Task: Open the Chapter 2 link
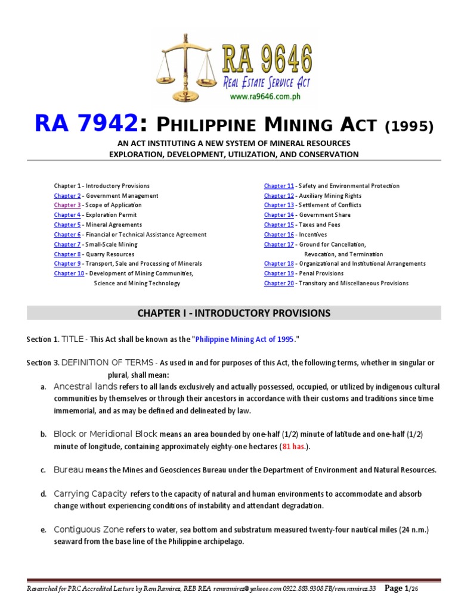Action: pyautogui.click(x=67, y=195)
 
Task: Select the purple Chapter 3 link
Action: pyautogui.click(x=67, y=205)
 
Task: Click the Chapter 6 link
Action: pyautogui.click(x=67, y=235)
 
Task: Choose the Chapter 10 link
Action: pyautogui.click(x=69, y=273)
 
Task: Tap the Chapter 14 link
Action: pyautogui.click(x=278, y=215)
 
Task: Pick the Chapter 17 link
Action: pyautogui.click(x=278, y=244)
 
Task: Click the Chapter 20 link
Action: pyautogui.click(x=278, y=284)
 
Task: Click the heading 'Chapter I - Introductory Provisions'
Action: pyautogui.click(x=234, y=313)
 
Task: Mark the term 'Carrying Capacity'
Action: pyautogui.click(x=90, y=494)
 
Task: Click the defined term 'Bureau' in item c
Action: pyautogui.click(x=68, y=470)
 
